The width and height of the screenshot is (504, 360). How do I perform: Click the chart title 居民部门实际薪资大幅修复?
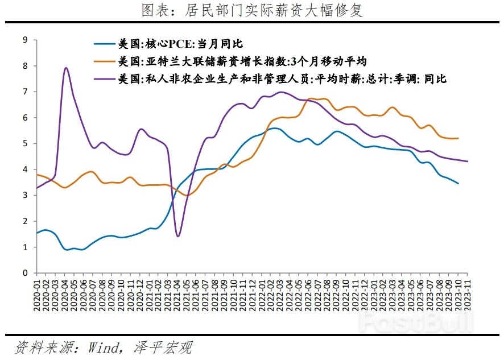coord(252,10)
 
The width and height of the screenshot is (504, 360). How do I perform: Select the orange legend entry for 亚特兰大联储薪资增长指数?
coord(241,61)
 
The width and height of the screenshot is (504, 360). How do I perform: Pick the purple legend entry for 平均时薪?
coord(281,79)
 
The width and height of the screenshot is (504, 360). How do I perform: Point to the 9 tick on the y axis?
coord(25,40)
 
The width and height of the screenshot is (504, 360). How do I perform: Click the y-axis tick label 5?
coord(25,143)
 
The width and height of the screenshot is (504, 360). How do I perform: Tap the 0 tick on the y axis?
coord(25,273)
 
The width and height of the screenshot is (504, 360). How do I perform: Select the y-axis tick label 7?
coord(25,92)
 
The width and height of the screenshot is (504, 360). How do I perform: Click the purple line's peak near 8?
coord(66,68)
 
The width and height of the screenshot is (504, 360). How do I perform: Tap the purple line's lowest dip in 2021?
coord(178,236)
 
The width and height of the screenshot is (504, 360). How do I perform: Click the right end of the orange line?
coord(458,138)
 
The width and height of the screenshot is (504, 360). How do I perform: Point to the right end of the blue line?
coord(458,183)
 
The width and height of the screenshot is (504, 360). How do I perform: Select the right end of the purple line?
coord(468,162)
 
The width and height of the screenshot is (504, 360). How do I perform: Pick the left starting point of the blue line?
coord(38,233)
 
